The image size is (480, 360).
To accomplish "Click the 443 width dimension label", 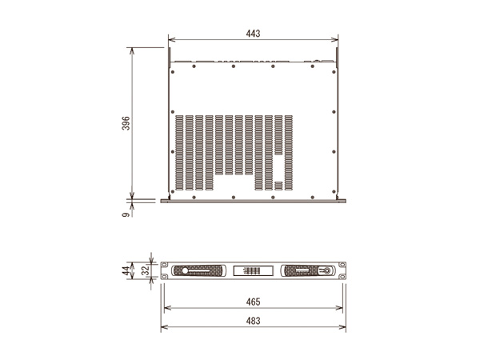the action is tap(253, 34).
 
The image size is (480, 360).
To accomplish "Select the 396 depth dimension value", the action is tap(126, 123).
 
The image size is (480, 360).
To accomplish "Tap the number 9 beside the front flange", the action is tap(126, 215).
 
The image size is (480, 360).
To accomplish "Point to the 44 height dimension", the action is tap(126, 271).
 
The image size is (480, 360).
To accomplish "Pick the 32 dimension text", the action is tap(146, 270).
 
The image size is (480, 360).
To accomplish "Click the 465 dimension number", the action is tap(253, 302).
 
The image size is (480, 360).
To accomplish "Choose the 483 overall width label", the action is tap(253, 321).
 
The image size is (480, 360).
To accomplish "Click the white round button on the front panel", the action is tap(185, 271).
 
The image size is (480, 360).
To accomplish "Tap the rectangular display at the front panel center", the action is tap(253, 271).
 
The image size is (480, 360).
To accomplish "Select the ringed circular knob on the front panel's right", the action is tap(326, 271).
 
